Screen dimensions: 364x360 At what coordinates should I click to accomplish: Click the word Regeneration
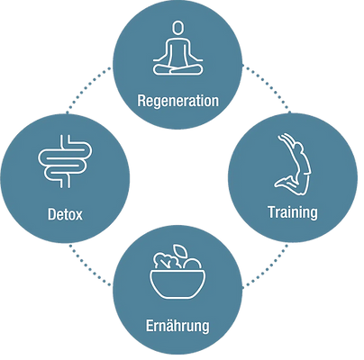(177, 102)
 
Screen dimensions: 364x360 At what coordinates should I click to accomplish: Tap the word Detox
(65, 214)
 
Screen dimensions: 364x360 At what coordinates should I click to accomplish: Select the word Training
(293, 213)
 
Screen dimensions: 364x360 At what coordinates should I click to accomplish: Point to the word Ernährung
(177, 327)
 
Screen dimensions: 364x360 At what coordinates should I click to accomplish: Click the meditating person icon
(177, 48)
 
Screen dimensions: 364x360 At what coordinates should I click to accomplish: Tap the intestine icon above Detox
(65, 161)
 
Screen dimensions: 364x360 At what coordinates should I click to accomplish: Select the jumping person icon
(293, 165)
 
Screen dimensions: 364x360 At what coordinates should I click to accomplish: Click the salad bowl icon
(177, 272)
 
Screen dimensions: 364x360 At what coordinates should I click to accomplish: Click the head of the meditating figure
(177, 28)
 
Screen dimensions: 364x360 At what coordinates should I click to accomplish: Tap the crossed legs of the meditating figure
(177, 69)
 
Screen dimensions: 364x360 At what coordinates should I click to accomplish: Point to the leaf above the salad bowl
(180, 251)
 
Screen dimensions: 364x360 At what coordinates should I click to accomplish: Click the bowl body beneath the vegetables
(177, 284)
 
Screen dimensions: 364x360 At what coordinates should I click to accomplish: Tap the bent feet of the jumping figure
(283, 182)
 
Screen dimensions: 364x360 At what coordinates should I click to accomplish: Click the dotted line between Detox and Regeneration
(88, 89)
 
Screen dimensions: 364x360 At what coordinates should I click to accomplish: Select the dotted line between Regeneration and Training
(267, 88)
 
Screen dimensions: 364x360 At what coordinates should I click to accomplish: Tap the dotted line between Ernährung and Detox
(90, 265)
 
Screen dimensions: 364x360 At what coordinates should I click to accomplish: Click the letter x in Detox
(78, 216)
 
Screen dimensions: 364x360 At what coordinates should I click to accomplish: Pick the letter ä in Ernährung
(170, 326)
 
